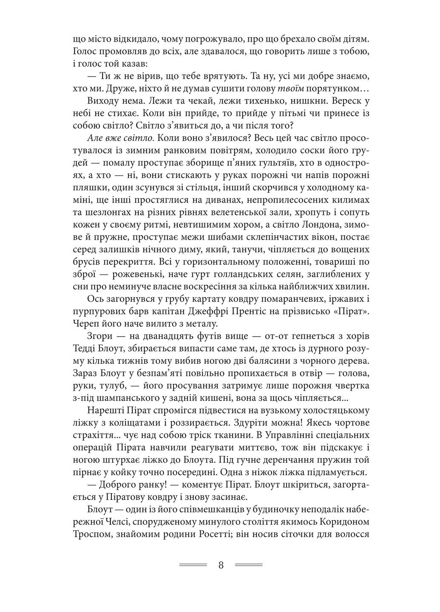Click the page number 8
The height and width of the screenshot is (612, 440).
(x=221, y=565)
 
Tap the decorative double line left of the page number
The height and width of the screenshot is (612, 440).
(x=193, y=565)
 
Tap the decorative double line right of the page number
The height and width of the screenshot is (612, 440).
(x=249, y=565)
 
